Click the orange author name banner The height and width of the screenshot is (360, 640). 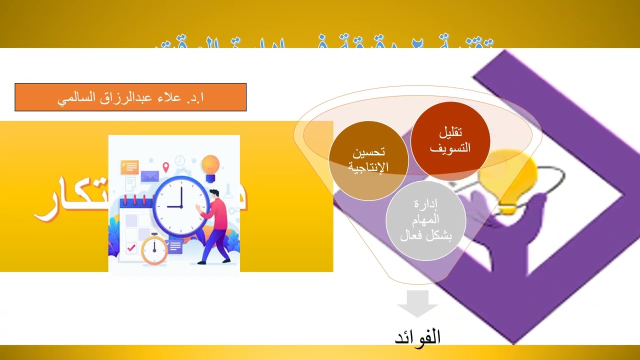tap(130, 97)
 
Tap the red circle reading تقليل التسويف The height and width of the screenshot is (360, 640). tap(450, 140)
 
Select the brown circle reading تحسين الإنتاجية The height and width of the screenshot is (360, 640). tap(368, 160)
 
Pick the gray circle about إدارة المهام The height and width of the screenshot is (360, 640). tap(426, 220)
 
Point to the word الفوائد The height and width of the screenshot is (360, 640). tap(418, 336)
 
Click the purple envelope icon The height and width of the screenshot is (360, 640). tap(149, 176)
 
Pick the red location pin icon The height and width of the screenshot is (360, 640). tap(166, 167)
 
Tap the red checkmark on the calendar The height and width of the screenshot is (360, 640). tap(131, 247)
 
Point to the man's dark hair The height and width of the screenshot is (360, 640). tap(214, 193)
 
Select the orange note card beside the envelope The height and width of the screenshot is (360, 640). tap(129, 167)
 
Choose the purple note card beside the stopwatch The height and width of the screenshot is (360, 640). tap(175, 246)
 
